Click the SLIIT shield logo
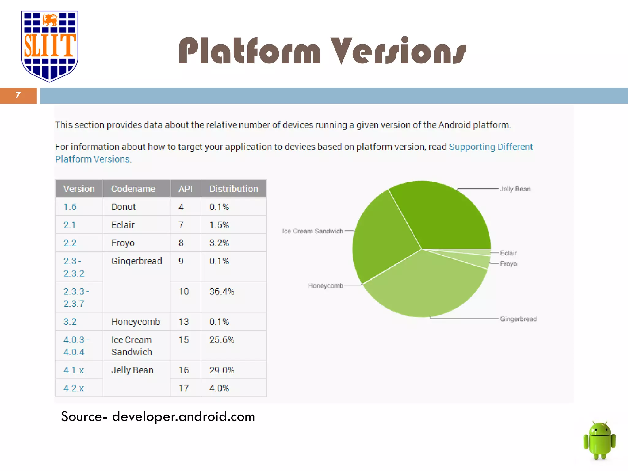click(49, 46)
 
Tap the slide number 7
click(18, 95)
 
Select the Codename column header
click(133, 189)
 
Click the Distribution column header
click(234, 189)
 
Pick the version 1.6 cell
click(70, 207)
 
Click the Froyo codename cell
click(123, 243)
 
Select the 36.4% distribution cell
click(222, 292)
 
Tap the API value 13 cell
click(184, 322)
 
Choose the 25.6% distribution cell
click(222, 340)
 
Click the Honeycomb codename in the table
click(136, 322)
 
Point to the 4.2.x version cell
click(74, 389)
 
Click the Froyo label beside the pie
click(508, 264)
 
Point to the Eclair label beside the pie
click(508, 253)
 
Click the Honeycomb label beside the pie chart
click(326, 286)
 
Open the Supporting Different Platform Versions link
click(491, 147)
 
